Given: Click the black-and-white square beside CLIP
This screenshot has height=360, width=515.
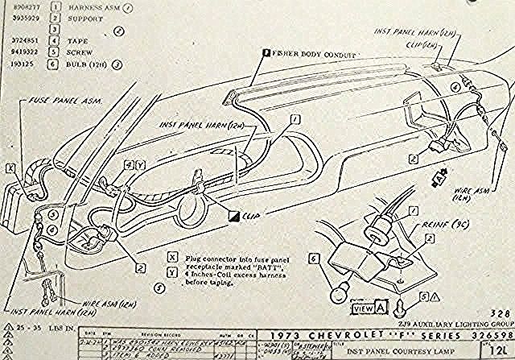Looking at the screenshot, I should (x=233, y=216).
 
